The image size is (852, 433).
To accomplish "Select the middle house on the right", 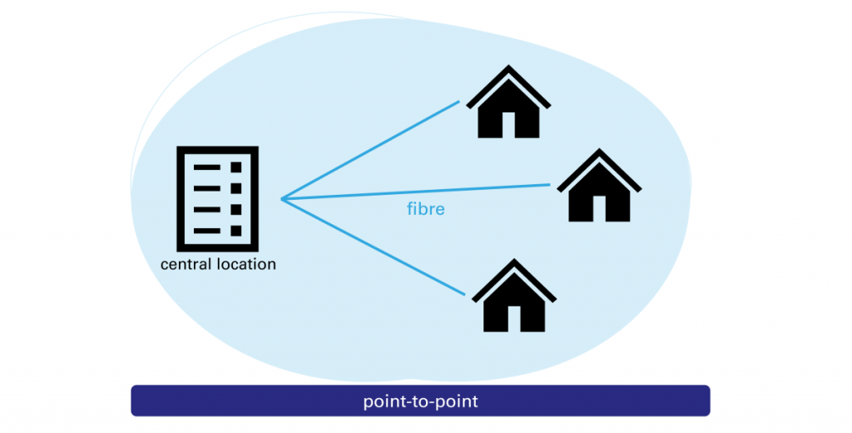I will click(599, 190).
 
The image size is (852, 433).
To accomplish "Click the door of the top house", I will click(508, 126).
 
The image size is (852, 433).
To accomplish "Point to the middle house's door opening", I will click(599, 209).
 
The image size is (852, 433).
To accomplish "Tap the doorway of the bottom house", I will click(513, 319).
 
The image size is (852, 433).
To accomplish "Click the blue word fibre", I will click(425, 210).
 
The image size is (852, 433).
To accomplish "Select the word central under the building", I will click(185, 266).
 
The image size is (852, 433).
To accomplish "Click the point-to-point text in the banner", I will click(420, 401).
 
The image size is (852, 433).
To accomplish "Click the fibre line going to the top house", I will click(370, 151).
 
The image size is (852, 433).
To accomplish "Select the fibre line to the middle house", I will click(416, 192).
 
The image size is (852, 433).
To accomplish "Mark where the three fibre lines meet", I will click(282, 199).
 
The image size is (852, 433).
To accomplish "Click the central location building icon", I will click(217, 198).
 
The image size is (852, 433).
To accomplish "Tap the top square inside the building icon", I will click(236, 167).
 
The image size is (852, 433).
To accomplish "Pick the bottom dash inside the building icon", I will click(206, 230).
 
